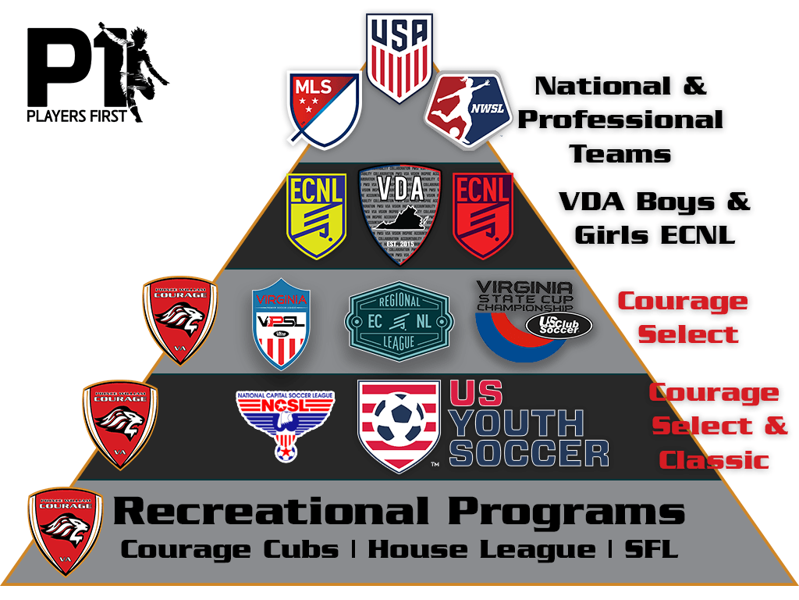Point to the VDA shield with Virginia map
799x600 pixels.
[399, 211]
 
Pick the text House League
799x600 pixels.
[481, 549]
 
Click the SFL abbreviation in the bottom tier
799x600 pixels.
[651, 549]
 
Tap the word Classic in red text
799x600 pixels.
[713, 459]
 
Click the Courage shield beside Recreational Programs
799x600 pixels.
[66, 530]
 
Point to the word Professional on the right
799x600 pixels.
[620, 120]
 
